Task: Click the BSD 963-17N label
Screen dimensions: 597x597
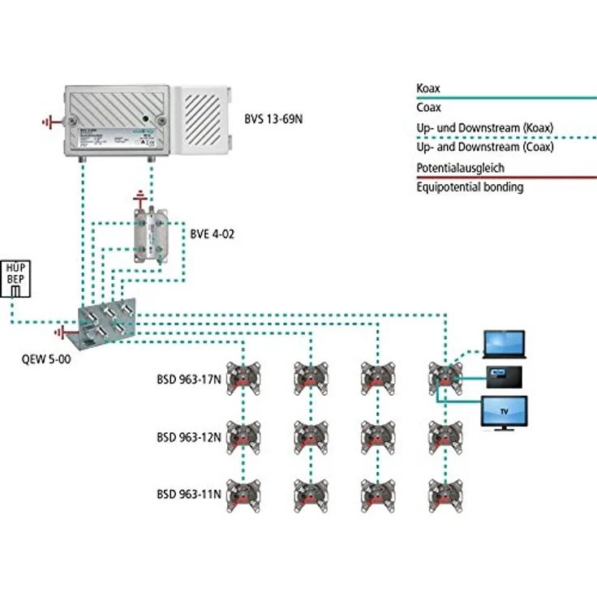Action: pyautogui.click(x=188, y=378)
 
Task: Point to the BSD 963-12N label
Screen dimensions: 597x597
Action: pyautogui.click(x=188, y=436)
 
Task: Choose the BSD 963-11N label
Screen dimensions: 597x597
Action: pyautogui.click(x=188, y=493)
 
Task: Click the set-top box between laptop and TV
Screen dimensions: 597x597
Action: pyautogui.click(x=504, y=376)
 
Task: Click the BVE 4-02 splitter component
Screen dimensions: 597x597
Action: pyautogui.click(x=152, y=233)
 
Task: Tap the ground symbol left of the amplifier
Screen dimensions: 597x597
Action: pyautogui.click(x=50, y=122)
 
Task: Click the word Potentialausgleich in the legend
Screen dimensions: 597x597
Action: pyautogui.click(x=459, y=167)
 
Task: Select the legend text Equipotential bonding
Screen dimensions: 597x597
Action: pyautogui.click(x=469, y=187)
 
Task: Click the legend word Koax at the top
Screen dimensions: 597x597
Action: pyautogui.click(x=427, y=88)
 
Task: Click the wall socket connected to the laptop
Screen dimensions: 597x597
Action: pyautogui.click(x=444, y=376)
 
